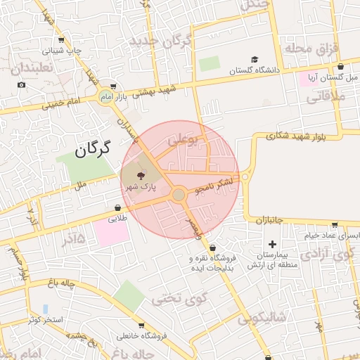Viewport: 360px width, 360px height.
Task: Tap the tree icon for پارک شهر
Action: click(139, 174)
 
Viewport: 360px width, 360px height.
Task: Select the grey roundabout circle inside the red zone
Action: click(179, 194)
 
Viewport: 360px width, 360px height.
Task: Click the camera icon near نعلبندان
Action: click(22, 85)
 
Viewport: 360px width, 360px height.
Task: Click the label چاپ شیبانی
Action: click(63, 51)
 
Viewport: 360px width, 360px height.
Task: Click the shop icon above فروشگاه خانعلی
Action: click(142, 326)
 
